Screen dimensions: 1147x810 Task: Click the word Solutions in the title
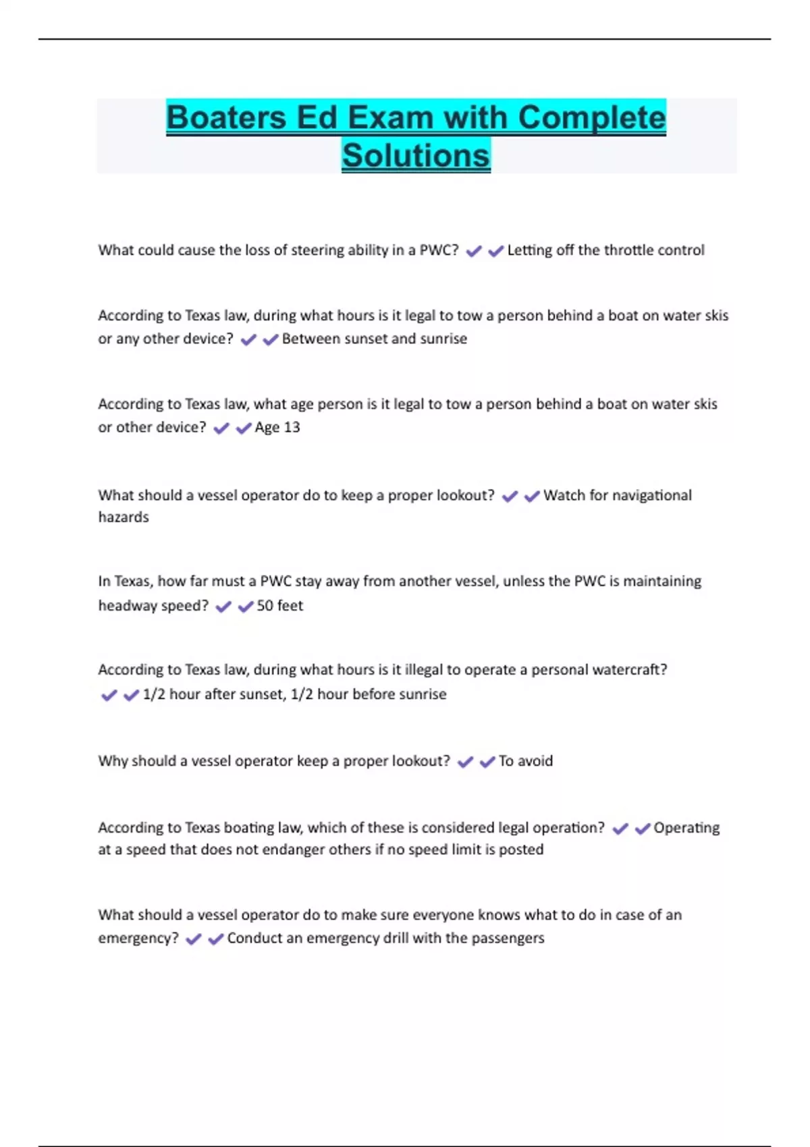(416, 155)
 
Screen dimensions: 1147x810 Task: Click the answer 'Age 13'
(277, 427)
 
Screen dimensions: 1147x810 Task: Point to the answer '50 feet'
(280, 605)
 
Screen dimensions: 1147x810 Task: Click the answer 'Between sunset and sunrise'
(375, 339)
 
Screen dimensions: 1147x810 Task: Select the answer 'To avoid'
(526, 761)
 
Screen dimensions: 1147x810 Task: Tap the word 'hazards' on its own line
(124, 517)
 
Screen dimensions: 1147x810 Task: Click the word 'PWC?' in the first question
(439, 250)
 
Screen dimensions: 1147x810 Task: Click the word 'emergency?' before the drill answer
(138, 938)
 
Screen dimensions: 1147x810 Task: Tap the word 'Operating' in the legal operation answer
(686, 828)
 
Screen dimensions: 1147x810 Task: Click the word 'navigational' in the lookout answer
(651, 495)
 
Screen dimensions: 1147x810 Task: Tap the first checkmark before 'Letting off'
(474, 251)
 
